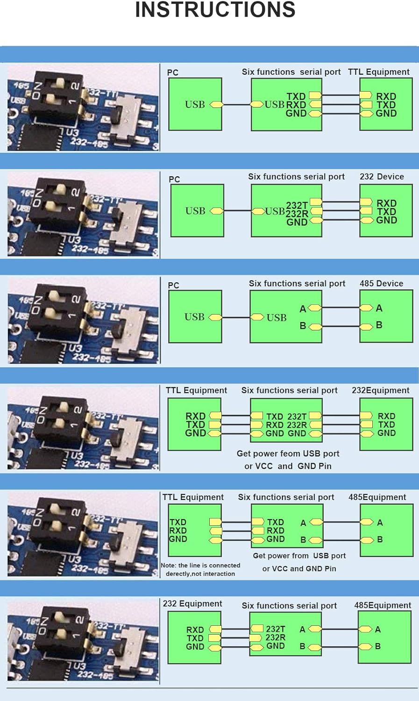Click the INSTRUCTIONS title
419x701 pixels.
coord(215,10)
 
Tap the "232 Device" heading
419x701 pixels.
coord(382,177)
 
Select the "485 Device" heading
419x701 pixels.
coord(381,283)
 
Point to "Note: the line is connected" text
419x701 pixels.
coord(200,565)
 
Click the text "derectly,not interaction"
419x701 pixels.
coord(200,573)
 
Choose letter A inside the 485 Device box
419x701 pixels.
coord(379,308)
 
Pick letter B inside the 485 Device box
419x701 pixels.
coord(379,325)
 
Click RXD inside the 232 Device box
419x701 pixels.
coord(386,203)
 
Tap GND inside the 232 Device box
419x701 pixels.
coord(386,220)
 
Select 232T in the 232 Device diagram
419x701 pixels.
coord(297,205)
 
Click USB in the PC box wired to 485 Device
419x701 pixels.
coord(195,317)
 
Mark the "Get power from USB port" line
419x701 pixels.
coord(299,556)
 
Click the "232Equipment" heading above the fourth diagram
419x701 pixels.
coord(380,390)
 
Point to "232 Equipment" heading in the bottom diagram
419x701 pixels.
coord(192,603)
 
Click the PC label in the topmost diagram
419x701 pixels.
coord(173,72)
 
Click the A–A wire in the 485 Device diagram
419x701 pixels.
coord(341,308)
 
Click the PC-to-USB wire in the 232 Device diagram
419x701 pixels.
coord(238,211)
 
